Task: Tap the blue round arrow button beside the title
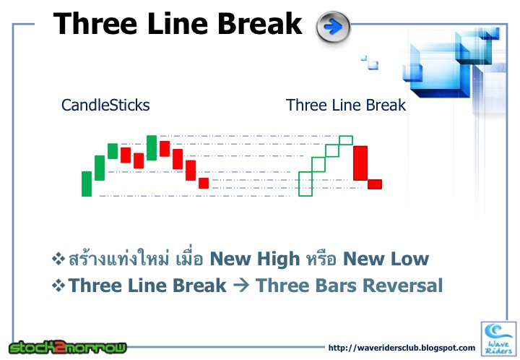[x=333, y=27]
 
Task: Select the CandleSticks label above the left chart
[x=105, y=105]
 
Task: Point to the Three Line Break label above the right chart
[x=345, y=105]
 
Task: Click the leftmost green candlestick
[x=87, y=184]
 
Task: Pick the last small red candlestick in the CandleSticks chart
[x=204, y=183]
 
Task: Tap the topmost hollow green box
[x=346, y=140]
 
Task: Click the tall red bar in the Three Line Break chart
[x=360, y=163]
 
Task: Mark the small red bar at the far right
[x=374, y=184]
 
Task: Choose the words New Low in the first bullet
[x=386, y=259]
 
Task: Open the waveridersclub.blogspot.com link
[x=402, y=348]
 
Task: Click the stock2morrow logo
[x=68, y=346]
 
